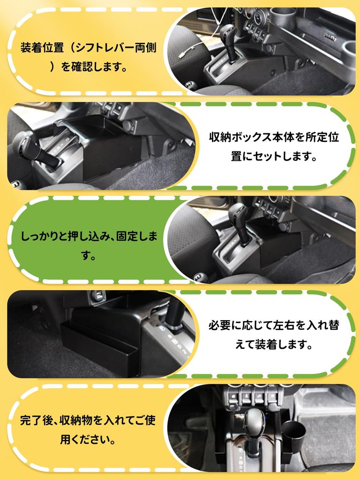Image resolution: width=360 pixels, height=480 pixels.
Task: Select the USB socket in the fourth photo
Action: pyautogui.click(x=99, y=296)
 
